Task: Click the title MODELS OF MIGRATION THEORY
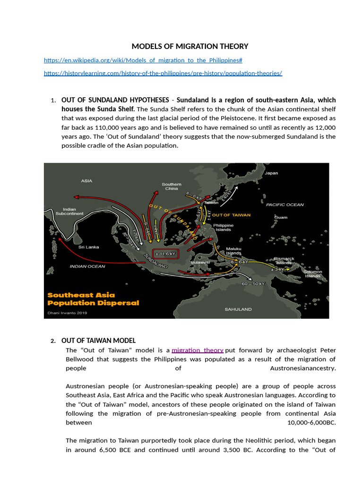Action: [x=190, y=46]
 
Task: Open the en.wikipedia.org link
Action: [x=143, y=60]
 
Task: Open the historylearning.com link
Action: [x=163, y=73]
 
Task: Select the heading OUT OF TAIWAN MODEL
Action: [x=98, y=341]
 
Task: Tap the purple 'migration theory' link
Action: [x=197, y=350]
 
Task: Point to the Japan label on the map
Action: [x=271, y=173]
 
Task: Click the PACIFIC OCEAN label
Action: [x=285, y=205]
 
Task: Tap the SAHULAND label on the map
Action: [x=238, y=309]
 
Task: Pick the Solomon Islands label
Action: [x=312, y=274]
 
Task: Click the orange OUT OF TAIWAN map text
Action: [x=231, y=215]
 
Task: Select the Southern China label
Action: [x=171, y=186]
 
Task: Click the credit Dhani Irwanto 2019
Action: [x=66, y=312]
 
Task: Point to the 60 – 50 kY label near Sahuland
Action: [x=253, y=284]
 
